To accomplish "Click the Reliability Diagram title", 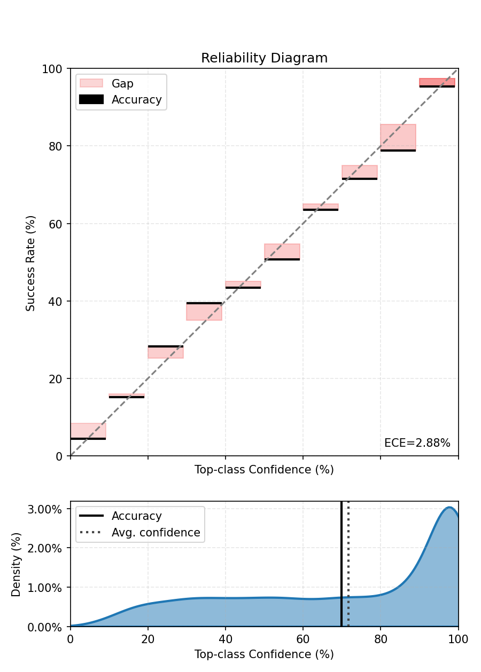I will (264, 58).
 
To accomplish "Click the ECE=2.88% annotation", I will (417, 443).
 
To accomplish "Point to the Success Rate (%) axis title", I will (30, 263).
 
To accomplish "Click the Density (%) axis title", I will (16, 564).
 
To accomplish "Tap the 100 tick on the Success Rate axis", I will (56, 69).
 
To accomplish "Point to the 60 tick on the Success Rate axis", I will (59, 224).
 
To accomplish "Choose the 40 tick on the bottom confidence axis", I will (226, 638).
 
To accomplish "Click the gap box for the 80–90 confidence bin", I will (398, 137).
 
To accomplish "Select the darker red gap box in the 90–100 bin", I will (437, 82).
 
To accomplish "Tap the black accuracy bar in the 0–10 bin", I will (88, 439).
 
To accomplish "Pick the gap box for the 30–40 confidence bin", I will (204, 312).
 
